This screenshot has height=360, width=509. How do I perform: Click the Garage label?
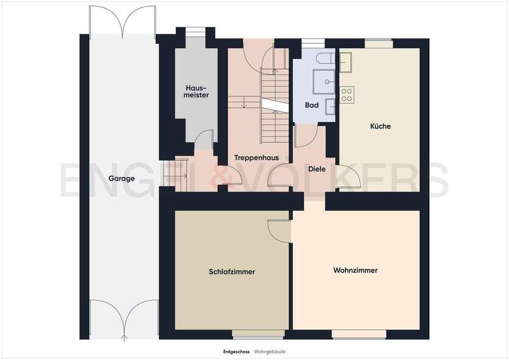click(x=121, y=179)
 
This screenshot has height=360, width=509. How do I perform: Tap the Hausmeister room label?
click(x=197, y=91)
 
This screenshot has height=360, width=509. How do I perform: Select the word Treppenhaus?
click(x=256, y=157)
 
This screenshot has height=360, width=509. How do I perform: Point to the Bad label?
click(x=311, y=105)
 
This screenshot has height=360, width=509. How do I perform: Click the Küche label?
click(x=380, y=126)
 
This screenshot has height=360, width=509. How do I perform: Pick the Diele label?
click(x=317, y=168)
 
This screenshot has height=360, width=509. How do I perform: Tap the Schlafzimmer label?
click(x=231, y=272)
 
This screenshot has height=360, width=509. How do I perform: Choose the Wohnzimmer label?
click(x=355, y=270)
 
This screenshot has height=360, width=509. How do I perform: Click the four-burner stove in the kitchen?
click(x=347, y=95)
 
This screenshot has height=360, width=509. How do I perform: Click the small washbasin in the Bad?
click(x=331, y=106)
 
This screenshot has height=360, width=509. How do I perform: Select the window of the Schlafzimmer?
click(x=258, y=334)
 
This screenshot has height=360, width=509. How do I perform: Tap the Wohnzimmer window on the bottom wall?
click(x=359, y=334)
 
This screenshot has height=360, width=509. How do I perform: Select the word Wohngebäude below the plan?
click(x=270, y=351)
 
